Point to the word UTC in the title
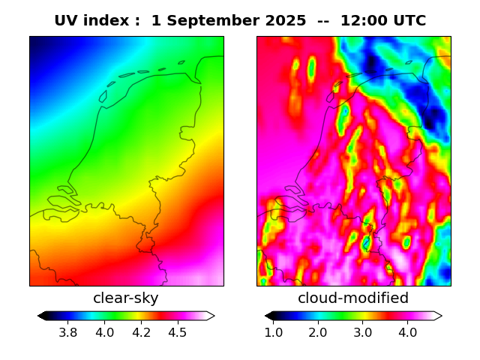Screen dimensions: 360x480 [409, 21]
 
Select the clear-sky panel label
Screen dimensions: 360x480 [126, 298]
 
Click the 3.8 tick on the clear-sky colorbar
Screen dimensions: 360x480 [68, 332]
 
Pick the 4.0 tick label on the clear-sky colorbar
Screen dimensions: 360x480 [104, 332]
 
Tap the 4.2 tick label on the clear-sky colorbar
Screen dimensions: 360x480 [141, 332]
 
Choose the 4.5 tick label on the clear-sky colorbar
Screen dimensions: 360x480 [177, 332]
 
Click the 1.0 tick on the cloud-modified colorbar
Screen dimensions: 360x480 [274, 332]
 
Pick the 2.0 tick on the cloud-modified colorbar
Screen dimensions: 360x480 [318, 332]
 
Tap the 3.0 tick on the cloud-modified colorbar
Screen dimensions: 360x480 [363, 332]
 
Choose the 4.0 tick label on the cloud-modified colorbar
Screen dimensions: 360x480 [407, 332]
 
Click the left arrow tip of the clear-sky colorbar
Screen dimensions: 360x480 [39, 316]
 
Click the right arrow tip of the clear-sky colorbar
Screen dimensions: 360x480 [214, 316]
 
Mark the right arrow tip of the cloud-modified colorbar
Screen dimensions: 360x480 [441, 316]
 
